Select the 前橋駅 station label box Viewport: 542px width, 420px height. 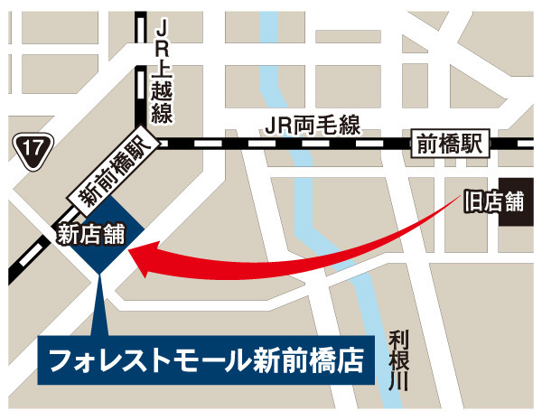450,142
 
